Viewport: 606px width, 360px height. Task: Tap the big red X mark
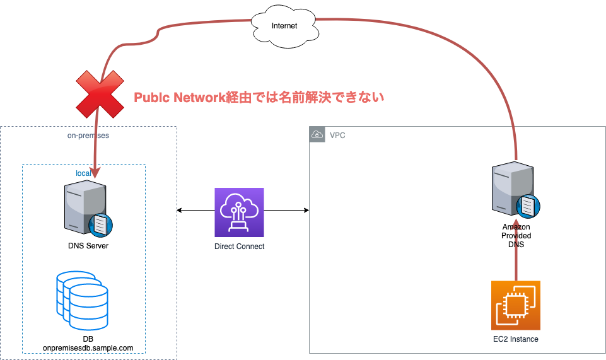100,94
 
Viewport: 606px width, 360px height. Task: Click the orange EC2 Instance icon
515,305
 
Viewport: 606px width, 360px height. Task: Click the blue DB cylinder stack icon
83,299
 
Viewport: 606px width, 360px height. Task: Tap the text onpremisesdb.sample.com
88,348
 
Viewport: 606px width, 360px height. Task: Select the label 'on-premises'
88,135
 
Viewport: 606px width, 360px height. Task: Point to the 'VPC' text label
337,135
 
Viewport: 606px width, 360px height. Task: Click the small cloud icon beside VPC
317,134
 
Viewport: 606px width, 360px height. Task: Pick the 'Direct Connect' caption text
239,247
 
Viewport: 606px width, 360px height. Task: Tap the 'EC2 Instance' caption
516,339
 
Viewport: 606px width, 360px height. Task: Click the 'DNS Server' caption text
88,246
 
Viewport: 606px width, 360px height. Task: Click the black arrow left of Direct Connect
195,209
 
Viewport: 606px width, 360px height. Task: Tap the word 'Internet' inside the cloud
284,26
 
